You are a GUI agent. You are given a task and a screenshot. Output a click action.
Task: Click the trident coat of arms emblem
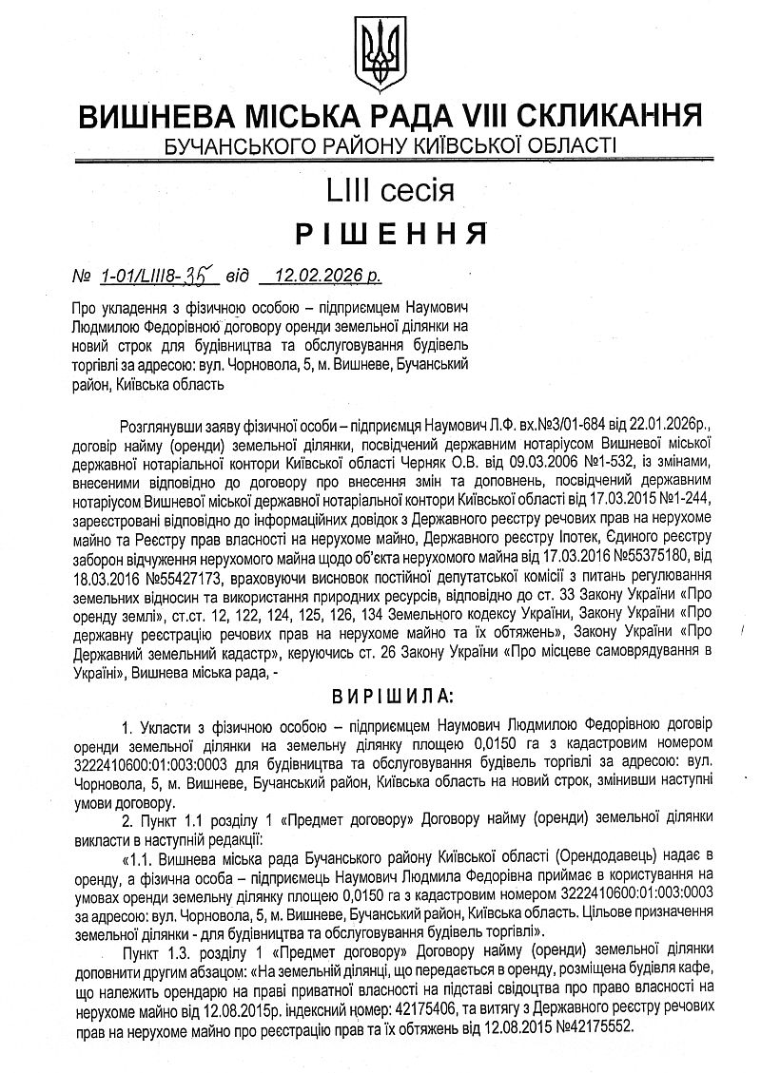(x=379, y=48)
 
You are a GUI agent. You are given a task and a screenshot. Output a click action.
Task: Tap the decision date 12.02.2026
(x=316, y=277)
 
